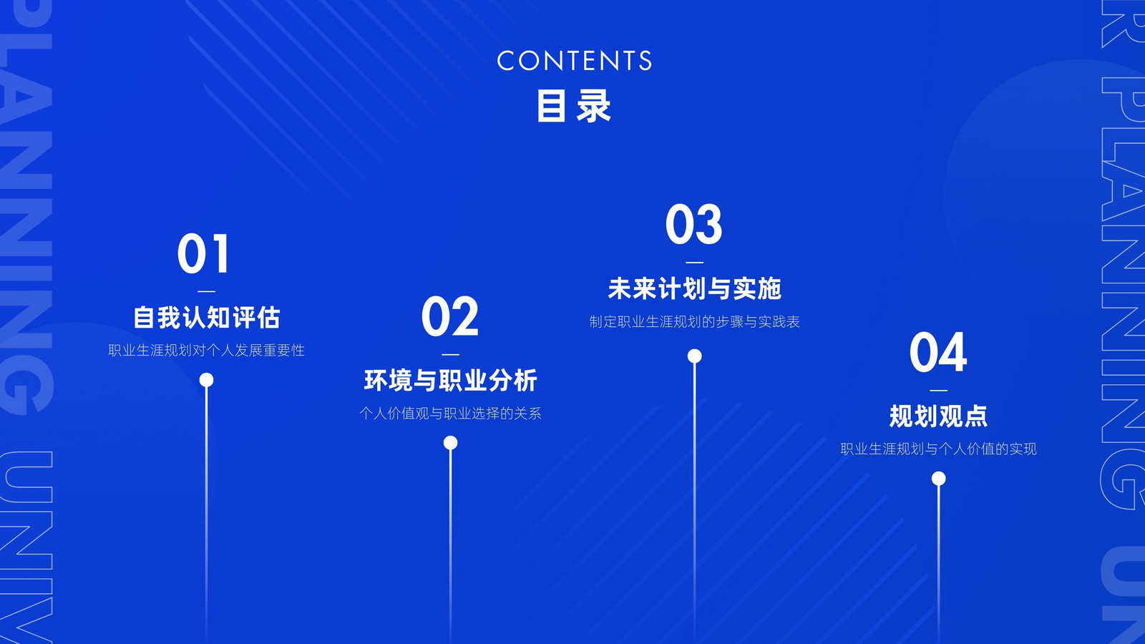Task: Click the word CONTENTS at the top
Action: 574,60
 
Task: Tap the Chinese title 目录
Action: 573,106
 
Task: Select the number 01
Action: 203,253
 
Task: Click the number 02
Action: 450,316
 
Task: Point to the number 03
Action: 693,225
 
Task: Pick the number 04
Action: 938,352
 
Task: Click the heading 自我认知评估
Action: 207,318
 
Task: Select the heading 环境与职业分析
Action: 450,380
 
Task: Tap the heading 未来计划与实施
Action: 694,289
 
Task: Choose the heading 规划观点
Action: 938,416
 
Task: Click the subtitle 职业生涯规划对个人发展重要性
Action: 207,350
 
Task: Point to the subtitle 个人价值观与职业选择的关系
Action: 450,413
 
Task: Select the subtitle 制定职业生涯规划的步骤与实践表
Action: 694,321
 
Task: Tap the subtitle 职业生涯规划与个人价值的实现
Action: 938,449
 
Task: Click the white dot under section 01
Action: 207,380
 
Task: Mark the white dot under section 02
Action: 450,443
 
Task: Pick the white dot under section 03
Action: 694,356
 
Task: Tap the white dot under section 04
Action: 938,479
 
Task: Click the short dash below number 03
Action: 694,262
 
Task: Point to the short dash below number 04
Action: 938,390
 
